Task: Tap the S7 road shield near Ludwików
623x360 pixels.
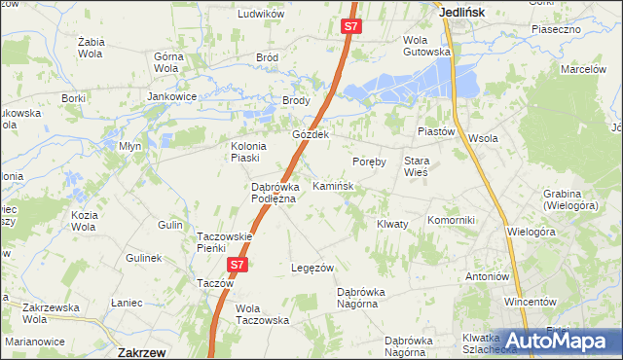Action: [352, 27]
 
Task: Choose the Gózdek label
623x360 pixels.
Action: [312, 134]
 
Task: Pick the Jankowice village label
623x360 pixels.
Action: [173, 97]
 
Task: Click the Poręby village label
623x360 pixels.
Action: [370, 162]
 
